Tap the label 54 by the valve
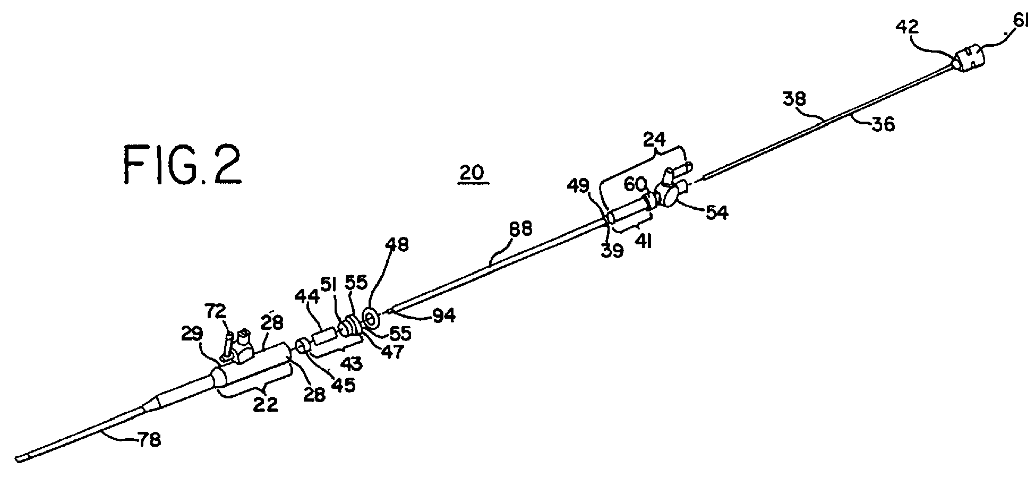pos(716,213)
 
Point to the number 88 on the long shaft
pos(520,229)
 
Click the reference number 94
pos(442,316)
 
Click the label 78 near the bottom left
pos(149,440)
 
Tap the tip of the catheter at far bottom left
pos(21,458)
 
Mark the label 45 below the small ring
pos(343,385)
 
